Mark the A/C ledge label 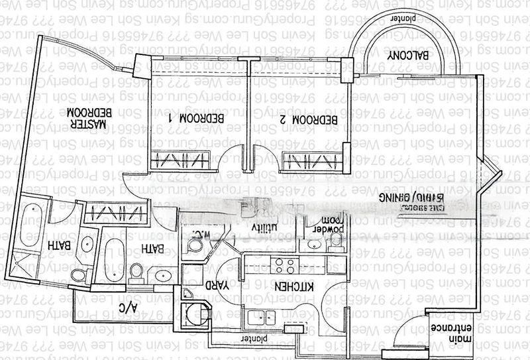(x=127, y=308)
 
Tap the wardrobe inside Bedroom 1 (x=180, y=160)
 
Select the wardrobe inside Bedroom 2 (x=312, y=160)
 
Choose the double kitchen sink (x=260, y=317)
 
